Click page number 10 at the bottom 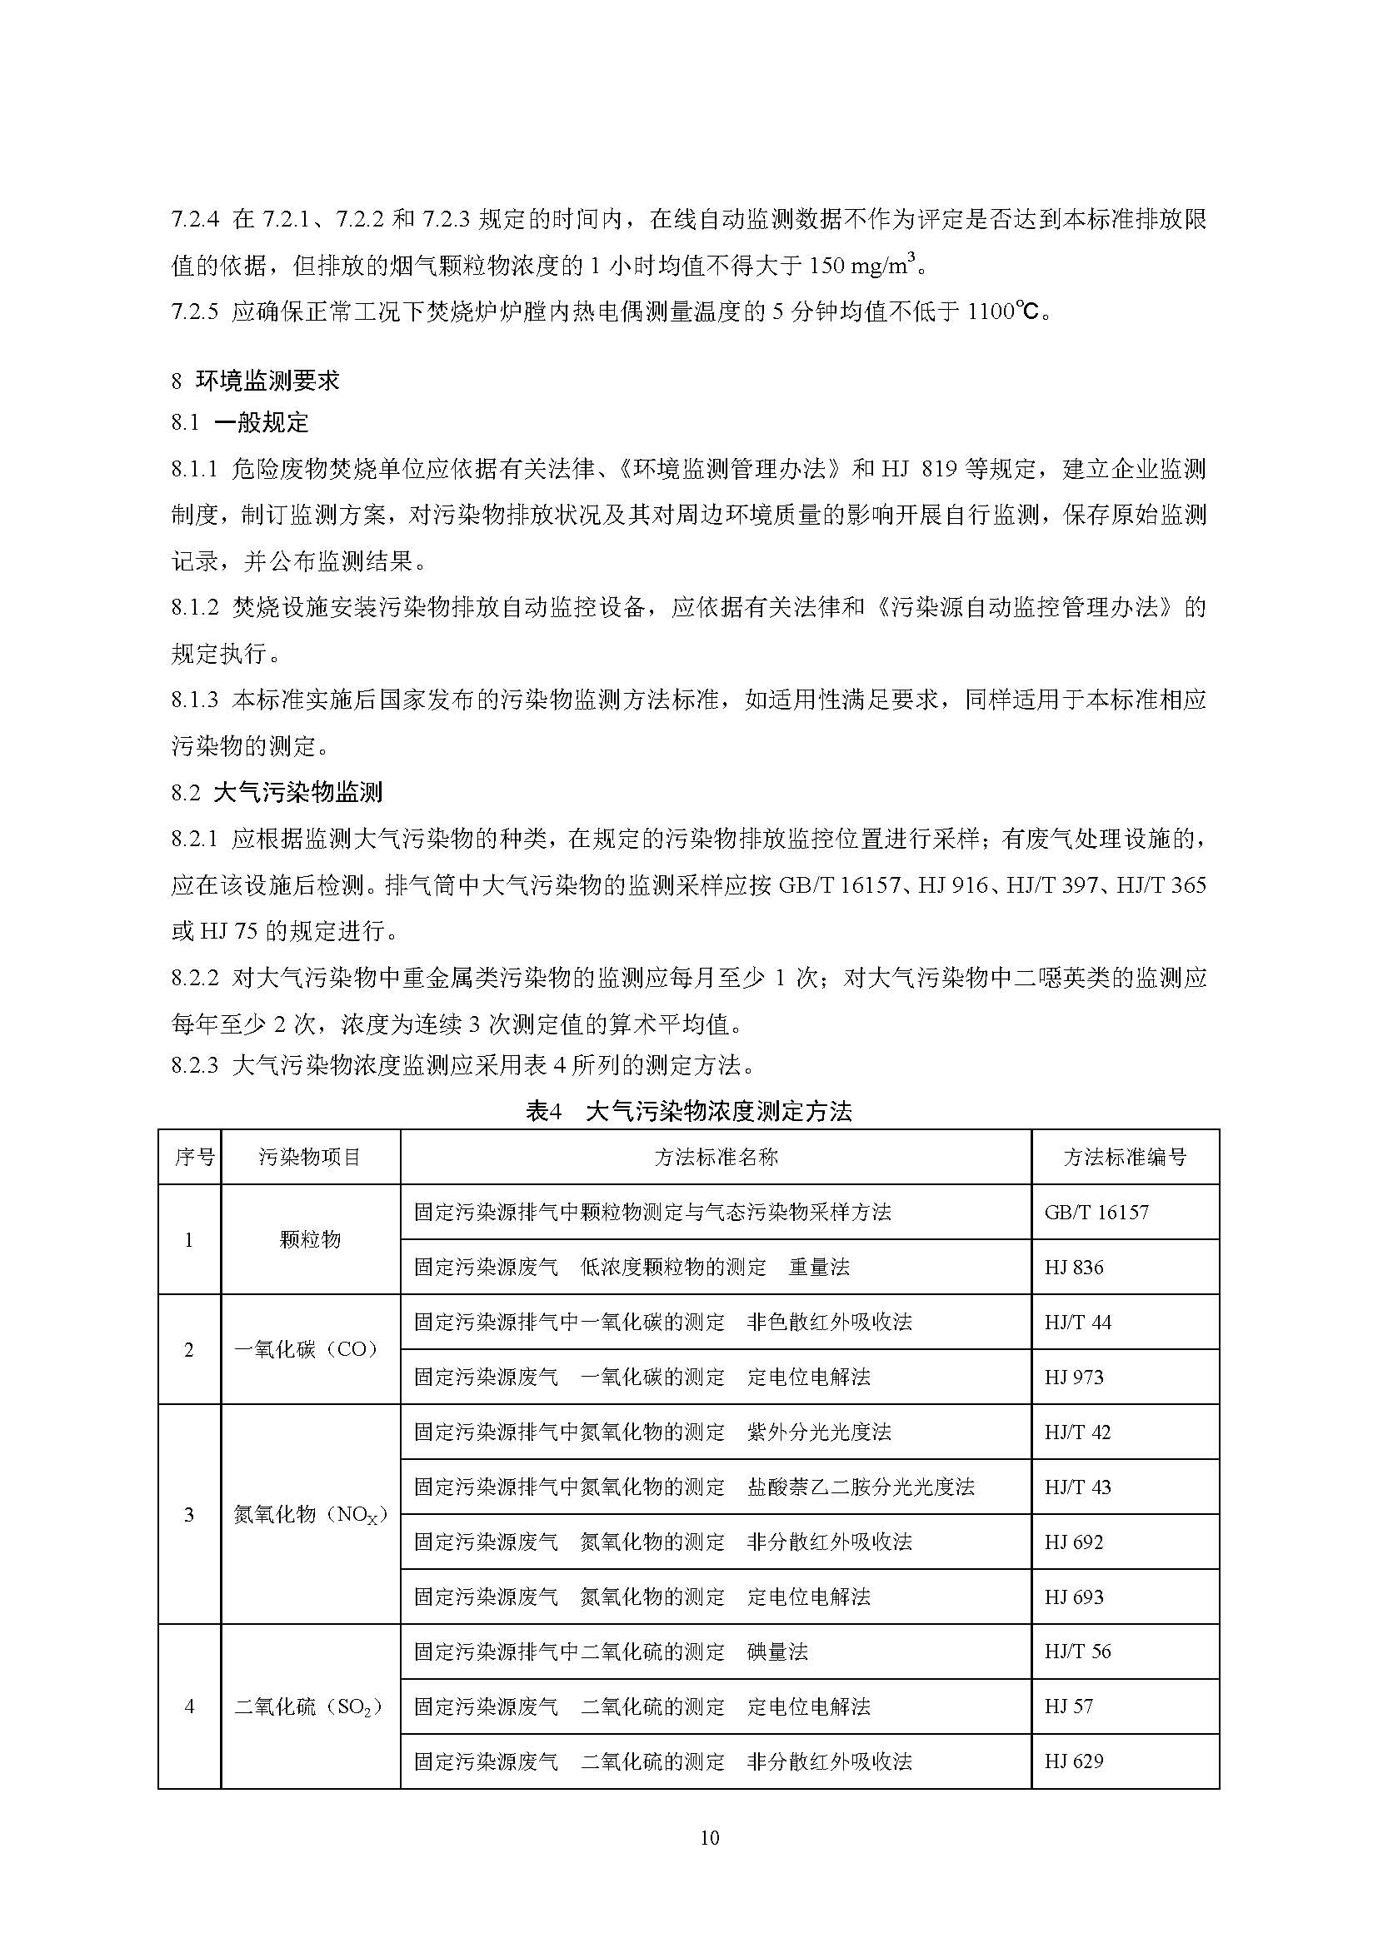point(710,1838)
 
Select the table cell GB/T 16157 point(1096,1212)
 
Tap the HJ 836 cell point(1074,1268)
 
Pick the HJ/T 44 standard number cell point(1077,1322)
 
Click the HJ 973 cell point(1074,1377)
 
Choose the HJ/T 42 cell point(1077,1432)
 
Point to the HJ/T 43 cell point(1077,1487)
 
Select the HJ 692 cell point(1074,1542)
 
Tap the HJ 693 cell point(1074,1597)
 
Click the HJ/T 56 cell point(1077,1651)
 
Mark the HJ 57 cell point(1069,1706)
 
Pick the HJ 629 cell point(1074,1761)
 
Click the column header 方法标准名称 point(716,1157)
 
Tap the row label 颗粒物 point(310,1239)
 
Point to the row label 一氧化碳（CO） point(310,1349)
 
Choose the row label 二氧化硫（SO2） point(310,1706)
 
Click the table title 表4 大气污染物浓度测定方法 point(688,1111)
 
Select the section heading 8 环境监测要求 point(256,380)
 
